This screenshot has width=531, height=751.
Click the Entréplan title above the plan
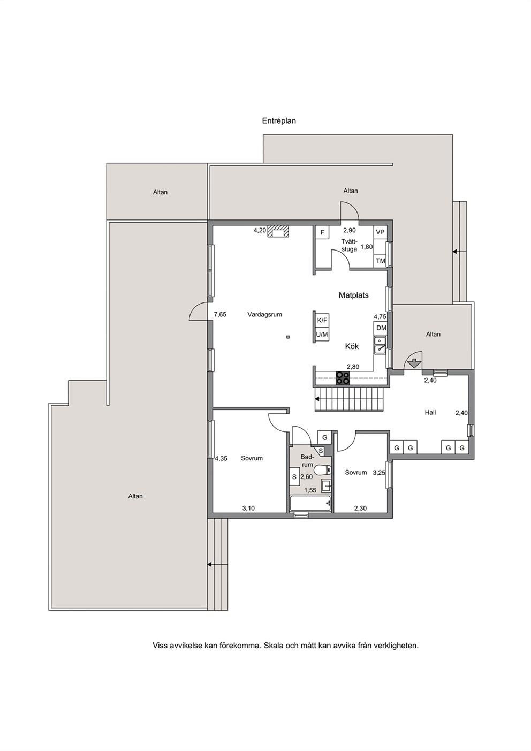[x=279, y=120]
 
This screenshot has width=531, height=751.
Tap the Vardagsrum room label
[x=265, y=315]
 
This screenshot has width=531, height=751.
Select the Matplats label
[x=354, y=295]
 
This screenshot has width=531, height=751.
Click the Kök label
[x=352, y=346]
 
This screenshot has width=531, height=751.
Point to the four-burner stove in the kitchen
[x=343, y=378]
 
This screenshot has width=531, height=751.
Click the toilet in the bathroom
[x=324, y=470]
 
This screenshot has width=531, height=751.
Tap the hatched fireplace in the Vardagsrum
[x=278, y=232]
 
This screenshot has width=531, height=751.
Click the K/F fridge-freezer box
[x=322, y=320]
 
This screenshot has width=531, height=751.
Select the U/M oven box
[x=322, y=334]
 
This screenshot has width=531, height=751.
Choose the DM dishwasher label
[x=381, y=328]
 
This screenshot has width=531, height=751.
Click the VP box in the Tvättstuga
[x=380, y=232]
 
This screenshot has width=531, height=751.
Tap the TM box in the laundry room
[x=381, y=261]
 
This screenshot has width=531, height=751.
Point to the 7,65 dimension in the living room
[x=220, y=315]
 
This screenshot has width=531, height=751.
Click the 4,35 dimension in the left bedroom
[x=221, y=458]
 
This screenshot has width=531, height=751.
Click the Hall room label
[x=430, y=413]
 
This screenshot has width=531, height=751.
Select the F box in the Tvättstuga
[x=322, y=232]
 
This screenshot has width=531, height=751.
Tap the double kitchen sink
[x=380, y=345]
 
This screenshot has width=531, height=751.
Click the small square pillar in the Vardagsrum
[x=287, y=337]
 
